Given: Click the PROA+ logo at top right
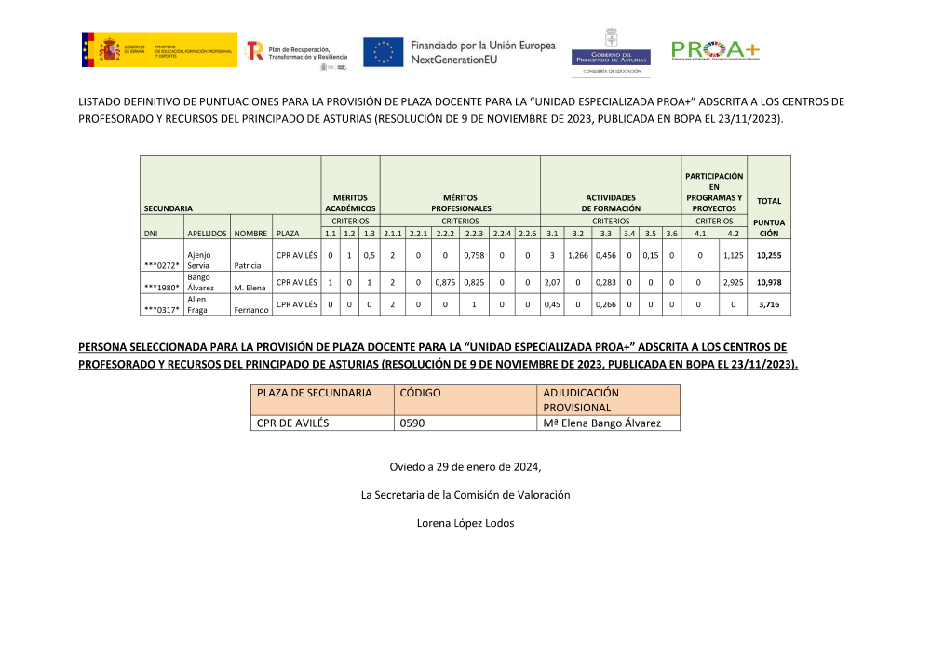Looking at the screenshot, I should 714,50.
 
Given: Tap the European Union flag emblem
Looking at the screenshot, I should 383,52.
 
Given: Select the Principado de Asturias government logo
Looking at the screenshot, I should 611,51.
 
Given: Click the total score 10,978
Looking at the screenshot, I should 768,282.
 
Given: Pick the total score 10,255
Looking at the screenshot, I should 768,255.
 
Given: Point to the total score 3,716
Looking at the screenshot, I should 768,304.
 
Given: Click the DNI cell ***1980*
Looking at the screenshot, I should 161,288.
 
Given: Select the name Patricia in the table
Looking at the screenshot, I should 248,265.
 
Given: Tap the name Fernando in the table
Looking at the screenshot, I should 251,310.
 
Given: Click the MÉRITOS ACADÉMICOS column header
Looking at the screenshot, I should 350,203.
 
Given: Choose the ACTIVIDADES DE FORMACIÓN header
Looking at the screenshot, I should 610,203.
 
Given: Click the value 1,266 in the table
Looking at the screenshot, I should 577,255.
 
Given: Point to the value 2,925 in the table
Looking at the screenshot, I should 733,282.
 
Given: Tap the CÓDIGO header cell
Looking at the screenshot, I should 420,393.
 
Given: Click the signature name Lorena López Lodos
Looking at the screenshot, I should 465,523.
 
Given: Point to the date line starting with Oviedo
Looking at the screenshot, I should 465,466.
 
